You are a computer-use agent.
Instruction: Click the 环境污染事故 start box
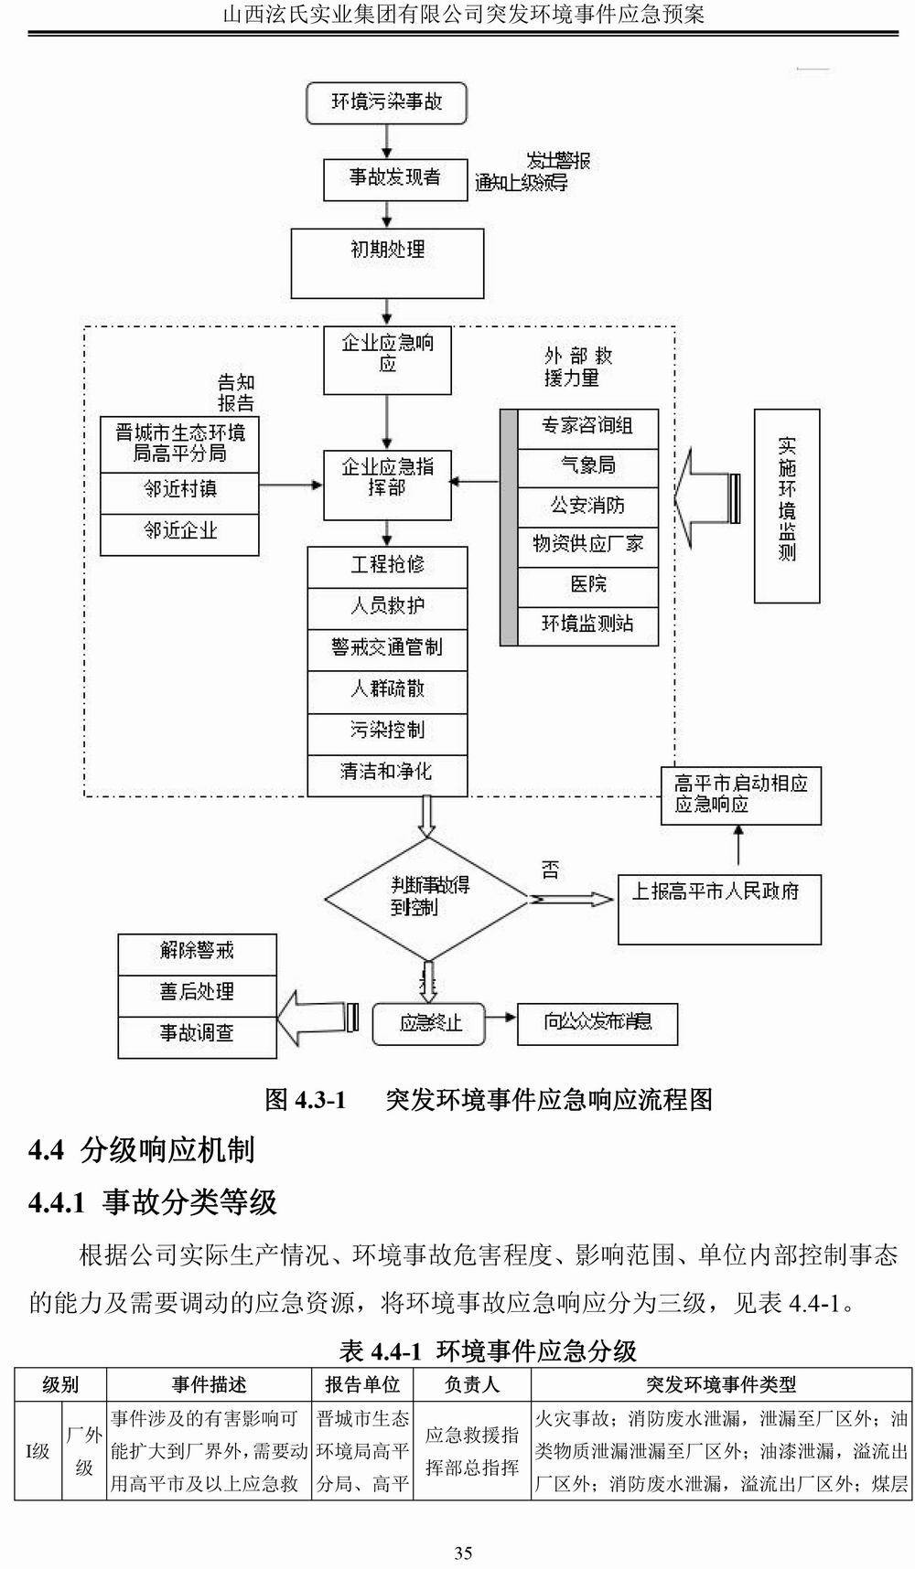pos(386,102)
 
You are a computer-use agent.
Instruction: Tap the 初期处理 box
pos(387,262)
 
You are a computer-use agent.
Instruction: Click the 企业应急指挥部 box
pos(387,485)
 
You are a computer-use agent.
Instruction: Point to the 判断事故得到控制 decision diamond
pos(426,898)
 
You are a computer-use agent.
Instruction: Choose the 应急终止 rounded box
pos(429,1023)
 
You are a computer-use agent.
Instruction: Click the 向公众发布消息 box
pos(597,1023)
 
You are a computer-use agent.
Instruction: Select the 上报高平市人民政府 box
pos(718,909)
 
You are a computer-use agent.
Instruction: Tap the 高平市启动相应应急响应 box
pos(740,795)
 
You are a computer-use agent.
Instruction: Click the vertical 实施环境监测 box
pos(786,505)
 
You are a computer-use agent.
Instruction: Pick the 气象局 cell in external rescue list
pos(587,466)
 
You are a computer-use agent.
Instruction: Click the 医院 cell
pos(587,585)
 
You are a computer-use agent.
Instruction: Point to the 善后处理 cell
pos(197,993)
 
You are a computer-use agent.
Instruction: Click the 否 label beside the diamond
pos(550,869)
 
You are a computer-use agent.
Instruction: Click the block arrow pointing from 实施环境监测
pos(706,498)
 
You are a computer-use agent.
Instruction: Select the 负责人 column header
pos(471,1385)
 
